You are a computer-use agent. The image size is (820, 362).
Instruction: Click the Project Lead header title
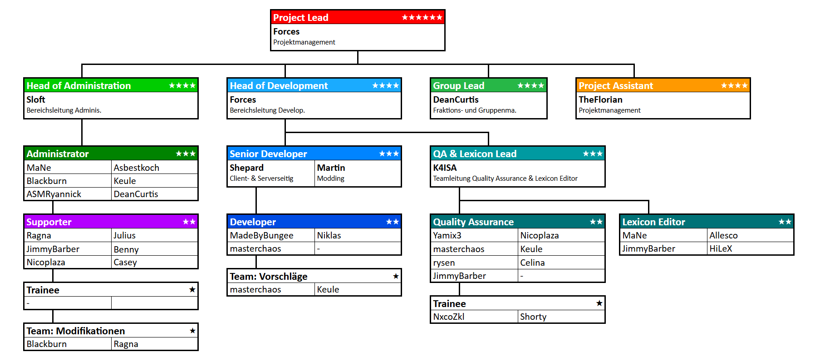click(300, 18)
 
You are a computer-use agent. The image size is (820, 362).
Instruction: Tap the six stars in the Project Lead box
click(422, 17)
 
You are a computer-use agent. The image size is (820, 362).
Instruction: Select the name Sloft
click(36, 99)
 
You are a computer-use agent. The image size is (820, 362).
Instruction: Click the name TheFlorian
click(600, 99)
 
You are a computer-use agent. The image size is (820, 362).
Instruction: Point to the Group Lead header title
click(458, 86)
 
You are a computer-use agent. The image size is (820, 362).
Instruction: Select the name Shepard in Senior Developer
click(246, 168)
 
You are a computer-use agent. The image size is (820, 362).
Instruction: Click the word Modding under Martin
click(330, 179)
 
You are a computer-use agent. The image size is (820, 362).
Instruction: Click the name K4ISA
click(445, 168)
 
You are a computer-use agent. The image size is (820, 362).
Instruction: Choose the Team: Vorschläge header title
click(268, 277)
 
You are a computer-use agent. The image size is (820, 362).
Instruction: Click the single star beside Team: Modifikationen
click(192, 331)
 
